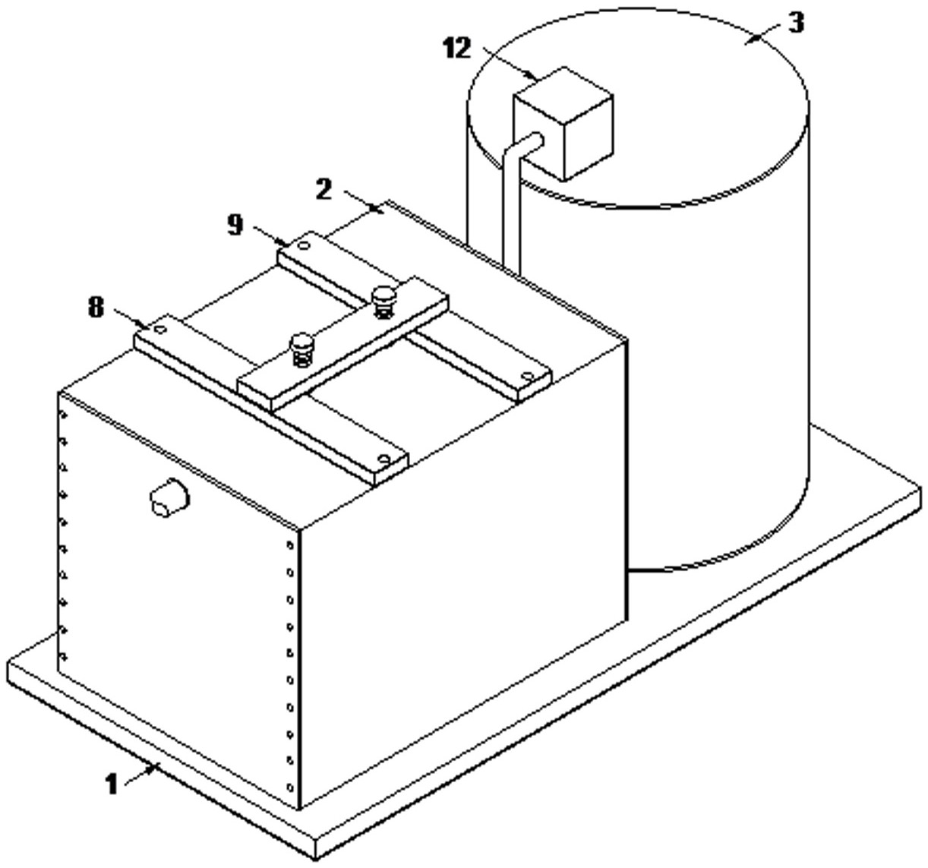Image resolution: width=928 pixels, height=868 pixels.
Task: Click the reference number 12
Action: pos(457,48)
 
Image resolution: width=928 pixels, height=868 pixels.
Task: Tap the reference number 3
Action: pos(794,23)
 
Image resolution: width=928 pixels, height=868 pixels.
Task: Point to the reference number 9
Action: pos(237,225)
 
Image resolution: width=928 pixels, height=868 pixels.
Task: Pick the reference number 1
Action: pos(112,784)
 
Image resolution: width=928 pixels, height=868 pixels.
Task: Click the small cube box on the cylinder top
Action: pos(563,123)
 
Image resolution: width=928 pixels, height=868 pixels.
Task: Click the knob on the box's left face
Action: pos(169,498)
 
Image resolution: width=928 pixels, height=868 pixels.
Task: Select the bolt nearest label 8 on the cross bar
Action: pos(303,348)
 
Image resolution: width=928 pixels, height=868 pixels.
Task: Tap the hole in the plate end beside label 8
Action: pos(160,330)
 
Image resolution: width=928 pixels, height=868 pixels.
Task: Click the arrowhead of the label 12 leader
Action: pos(536,77)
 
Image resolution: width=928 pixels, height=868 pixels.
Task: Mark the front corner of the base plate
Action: pos(317,851)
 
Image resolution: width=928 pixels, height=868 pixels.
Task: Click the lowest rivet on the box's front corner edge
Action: pos(290,788)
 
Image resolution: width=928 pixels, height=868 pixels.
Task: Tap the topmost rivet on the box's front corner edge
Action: pos(290,544)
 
